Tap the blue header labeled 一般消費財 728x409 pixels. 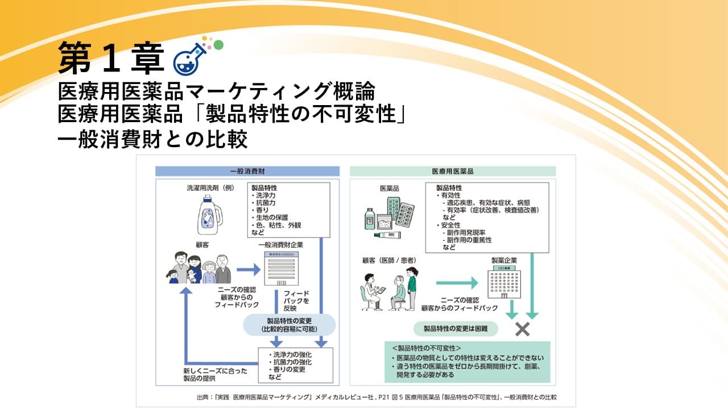(x=247, y=171)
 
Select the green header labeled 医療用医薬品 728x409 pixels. (x=452, y=171)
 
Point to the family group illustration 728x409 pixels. (x=198, y=269)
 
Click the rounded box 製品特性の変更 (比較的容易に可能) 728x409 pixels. (x=289, y=325)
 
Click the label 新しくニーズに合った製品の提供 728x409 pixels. (x=212, y=375)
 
